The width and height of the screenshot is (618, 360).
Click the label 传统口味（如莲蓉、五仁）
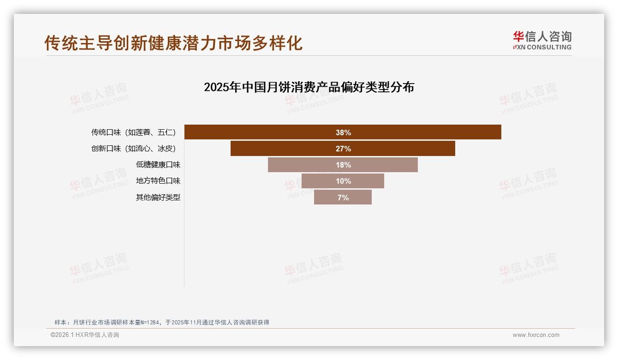[133, 132]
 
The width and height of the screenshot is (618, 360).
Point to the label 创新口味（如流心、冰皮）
[133, 149]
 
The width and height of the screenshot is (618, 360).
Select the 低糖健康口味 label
[158, 165]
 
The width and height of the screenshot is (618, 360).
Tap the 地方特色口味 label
[158, 181]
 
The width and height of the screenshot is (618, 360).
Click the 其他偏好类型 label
[158, 198]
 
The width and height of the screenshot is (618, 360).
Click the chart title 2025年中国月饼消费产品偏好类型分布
[309, 87]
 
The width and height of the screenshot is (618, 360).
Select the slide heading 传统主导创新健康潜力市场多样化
[173, 43]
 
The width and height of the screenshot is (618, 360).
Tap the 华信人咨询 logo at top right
[542, 37]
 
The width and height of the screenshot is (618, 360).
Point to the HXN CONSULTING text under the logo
[542, 47]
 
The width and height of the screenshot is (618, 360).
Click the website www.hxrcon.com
[536, 335]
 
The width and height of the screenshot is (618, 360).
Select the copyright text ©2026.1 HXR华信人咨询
[85, 335]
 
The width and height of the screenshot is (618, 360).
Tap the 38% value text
[343, 133]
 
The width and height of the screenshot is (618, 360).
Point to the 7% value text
[343, 198]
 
